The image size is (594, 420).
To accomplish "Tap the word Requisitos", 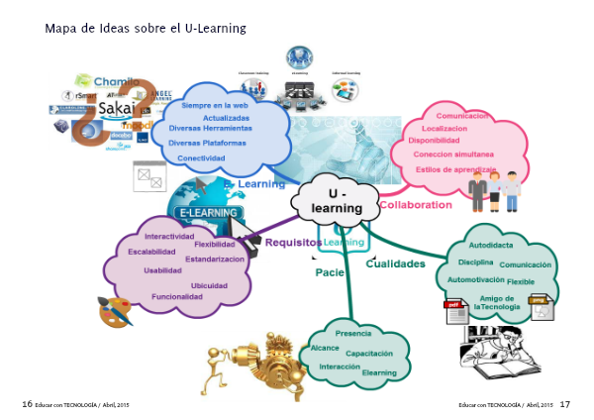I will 294,241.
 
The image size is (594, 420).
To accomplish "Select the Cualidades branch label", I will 396,264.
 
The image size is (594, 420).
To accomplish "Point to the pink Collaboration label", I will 415,205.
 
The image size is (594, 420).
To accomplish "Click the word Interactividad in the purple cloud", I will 168,236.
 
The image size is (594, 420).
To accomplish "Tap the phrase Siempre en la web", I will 214,105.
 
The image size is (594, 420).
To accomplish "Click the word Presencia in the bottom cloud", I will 353,333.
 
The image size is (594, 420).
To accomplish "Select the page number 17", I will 565,404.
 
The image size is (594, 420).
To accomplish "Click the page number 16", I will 27,404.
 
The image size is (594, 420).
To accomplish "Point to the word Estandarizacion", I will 215,259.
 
